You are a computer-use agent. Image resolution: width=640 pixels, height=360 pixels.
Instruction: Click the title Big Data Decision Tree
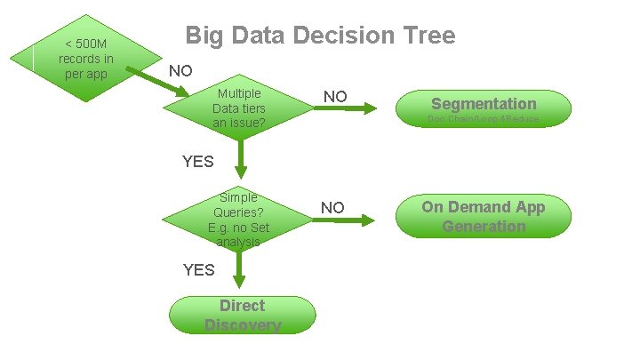320,36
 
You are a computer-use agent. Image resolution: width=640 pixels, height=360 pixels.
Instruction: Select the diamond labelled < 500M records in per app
85,58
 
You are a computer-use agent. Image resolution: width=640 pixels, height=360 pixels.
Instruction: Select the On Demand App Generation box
484,217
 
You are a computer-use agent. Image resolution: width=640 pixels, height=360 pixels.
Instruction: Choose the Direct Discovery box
242,316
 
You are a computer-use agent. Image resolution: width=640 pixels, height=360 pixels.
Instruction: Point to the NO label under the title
180,70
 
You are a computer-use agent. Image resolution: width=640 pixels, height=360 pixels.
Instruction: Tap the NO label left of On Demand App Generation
332,207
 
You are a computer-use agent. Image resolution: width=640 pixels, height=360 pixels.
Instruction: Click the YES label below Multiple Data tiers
197,161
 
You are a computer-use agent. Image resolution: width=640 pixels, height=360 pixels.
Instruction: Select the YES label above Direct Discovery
198,269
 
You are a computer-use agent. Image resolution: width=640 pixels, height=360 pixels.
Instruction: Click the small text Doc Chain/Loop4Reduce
484,118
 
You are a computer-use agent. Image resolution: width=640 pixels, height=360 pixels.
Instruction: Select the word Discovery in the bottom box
242,325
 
